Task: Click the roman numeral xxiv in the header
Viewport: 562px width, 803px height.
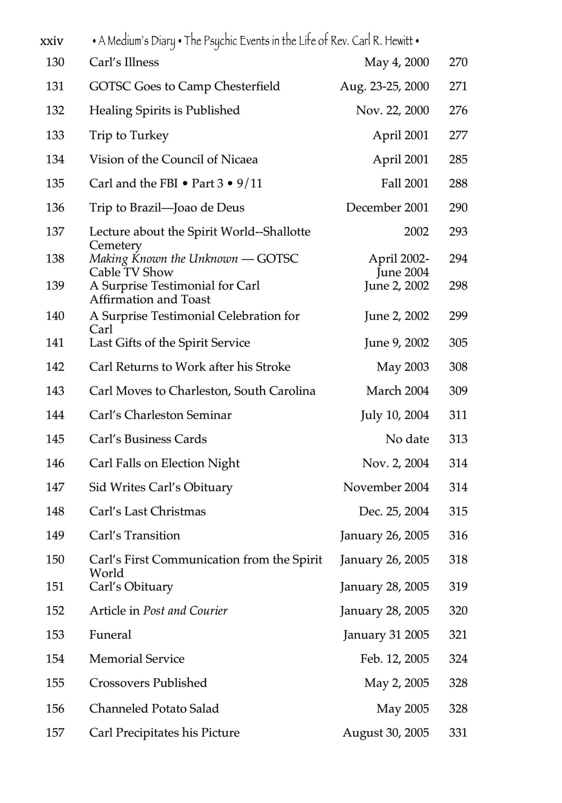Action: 52,41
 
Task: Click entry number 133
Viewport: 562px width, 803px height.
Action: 55,135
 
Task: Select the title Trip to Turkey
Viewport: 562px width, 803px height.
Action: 129,135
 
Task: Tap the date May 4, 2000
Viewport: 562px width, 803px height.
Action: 396,62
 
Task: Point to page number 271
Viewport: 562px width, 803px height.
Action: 458,86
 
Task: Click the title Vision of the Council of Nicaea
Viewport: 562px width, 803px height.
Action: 173,159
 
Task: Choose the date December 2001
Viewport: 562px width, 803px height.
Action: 387,207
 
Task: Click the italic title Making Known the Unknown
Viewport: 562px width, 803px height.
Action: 164,259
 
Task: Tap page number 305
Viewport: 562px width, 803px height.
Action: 458,343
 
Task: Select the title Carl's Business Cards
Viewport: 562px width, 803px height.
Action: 148,439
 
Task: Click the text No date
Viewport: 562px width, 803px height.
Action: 407,439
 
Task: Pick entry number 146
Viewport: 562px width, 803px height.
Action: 55,463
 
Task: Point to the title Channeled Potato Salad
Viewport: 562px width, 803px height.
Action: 154,709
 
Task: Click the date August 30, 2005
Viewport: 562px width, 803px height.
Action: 386,733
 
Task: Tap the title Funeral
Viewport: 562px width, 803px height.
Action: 110,635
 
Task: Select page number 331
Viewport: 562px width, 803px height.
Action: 458,733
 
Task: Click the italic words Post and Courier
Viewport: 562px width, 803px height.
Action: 185,610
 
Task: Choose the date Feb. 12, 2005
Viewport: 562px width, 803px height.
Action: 394,659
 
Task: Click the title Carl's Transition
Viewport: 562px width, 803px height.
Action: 135,535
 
